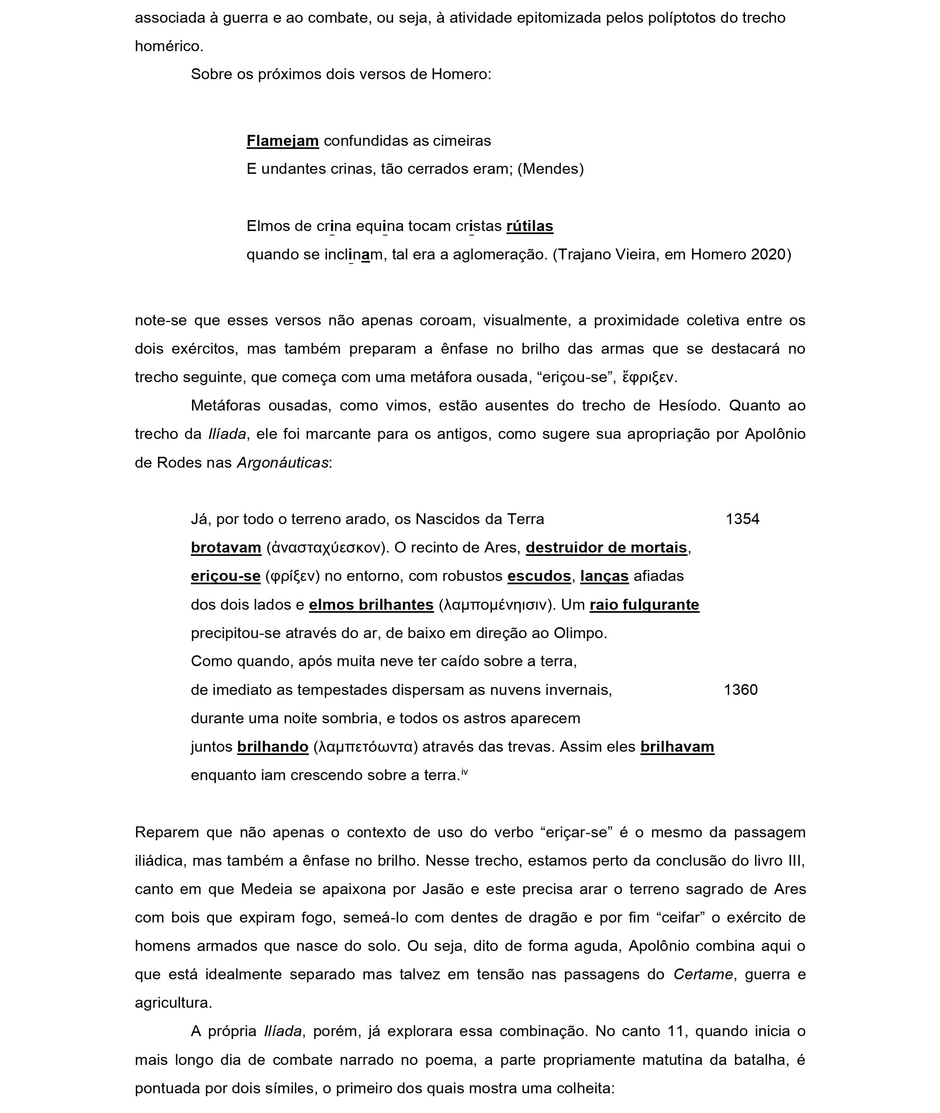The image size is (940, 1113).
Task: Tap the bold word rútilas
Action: (x=530, y=226)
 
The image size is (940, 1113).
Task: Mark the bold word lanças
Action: (x=604, y=576)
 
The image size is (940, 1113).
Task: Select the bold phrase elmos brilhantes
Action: (x=372, y=605)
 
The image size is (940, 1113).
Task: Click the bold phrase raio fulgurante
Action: (x=644, y=605)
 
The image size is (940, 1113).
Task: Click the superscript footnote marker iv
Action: (x=465, y=771)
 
